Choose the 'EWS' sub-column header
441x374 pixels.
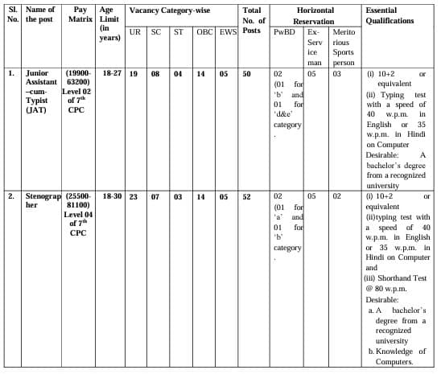pos(228,31)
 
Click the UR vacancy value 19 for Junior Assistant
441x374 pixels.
pos(134,73)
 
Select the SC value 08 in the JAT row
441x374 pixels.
pos(155,73)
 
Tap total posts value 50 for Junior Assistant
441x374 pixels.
pos(247,73)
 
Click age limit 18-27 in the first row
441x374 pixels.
pos(110,73)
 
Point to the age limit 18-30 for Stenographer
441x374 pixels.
pos(110,196)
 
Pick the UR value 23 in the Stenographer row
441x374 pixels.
pos(134,196)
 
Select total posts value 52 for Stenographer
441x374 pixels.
pos(247,196)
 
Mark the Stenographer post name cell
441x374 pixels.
pos(41,200)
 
